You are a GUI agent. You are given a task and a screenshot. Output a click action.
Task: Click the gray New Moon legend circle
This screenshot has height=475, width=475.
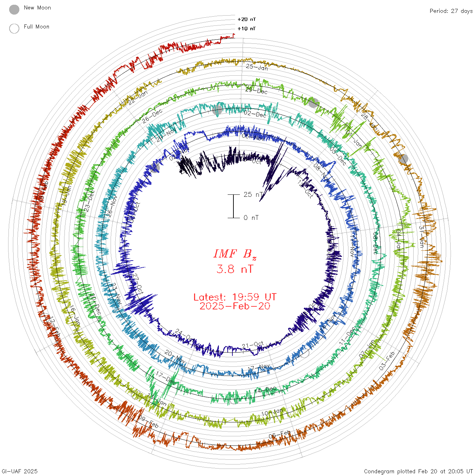14,9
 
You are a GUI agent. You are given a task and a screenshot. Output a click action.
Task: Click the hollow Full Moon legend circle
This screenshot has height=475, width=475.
14,28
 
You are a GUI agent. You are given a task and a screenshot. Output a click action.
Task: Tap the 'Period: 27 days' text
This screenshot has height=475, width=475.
451,11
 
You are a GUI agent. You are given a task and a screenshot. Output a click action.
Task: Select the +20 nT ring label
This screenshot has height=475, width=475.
247,19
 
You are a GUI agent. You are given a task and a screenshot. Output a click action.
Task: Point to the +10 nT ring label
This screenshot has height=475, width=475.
247,28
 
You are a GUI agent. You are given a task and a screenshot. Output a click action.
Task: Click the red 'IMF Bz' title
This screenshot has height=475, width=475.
235,254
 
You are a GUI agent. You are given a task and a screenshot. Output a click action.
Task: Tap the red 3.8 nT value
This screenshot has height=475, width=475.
235,269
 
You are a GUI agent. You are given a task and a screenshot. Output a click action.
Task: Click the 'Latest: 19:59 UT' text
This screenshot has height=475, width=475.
235,297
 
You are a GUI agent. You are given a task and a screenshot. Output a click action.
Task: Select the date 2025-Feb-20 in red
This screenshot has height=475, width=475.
235,306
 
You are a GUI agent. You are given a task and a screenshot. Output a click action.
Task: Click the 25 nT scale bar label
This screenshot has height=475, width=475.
253,194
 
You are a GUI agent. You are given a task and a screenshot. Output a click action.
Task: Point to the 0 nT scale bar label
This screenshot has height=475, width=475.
251,217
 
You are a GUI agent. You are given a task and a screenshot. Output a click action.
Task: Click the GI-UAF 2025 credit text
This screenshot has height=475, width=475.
19,471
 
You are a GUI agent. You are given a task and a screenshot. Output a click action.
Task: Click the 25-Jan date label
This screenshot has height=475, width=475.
257,67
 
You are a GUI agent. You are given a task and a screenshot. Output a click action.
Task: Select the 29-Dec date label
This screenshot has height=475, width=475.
256,91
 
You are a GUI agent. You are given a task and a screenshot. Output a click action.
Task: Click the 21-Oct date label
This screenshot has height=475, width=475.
253,345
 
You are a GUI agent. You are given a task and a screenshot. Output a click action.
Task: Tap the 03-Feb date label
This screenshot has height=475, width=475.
387,361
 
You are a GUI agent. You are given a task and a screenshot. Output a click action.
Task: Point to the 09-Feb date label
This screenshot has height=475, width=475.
148,422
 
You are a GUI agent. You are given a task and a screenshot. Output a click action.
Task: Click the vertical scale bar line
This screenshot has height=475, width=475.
233,206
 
